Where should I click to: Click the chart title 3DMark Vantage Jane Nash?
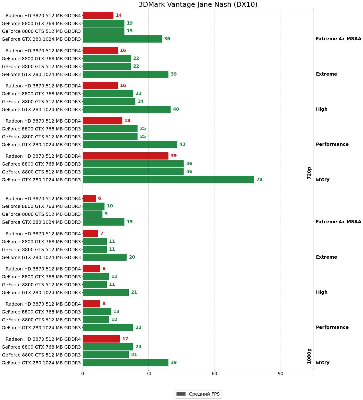pyautogui.click(x=198, y=4)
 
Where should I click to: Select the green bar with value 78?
pyautogui.click(x=168, y=180)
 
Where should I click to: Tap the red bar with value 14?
pyautogui.click(x=98, y=15)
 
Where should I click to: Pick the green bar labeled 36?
pyautogui.click(x=122, y=39)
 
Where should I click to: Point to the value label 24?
pyautogui.click(x=140, y=101)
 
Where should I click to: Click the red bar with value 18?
pyautogui.click(x=102, y=121)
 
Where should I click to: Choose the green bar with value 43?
pyautogui.click(x=130, y=144)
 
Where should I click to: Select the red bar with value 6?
pyautogui.click(x=89, y=198)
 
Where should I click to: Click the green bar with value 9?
pyautogui.click(x=92, y=214)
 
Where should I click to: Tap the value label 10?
pyautogui.click(x=110, y=206)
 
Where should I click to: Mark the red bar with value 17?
pyautogui.click(x=101, y=339)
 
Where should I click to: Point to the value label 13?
pyautogui.click(x=116, y=312)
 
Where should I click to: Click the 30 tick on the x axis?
pyautogui.click(x=148, y=374)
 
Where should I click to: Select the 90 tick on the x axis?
pyautogui.click(x=281, y=374)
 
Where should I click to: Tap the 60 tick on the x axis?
pyautogui.click(x=215, y=374)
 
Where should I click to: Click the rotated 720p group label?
pyautogui.click(x=309, y=173)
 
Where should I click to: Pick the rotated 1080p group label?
pyautogui.click(x=309, y=356)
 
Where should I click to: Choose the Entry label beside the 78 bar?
pyautogui.click(x=323, y=180)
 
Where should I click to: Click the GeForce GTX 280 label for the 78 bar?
pyautogui.click(x=41, y=180)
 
